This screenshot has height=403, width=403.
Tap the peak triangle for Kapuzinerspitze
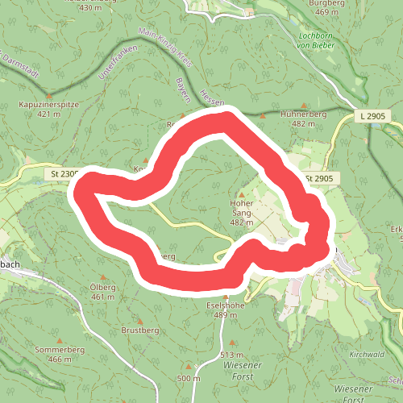[49, 94]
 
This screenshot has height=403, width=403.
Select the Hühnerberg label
[303, 114]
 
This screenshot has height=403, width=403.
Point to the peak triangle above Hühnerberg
[303, 105]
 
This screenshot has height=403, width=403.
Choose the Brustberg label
[139, 330]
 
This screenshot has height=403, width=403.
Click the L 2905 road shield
[373, 117]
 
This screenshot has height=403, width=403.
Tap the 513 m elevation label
[231, 355]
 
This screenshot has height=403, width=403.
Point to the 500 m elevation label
[188, 379]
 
